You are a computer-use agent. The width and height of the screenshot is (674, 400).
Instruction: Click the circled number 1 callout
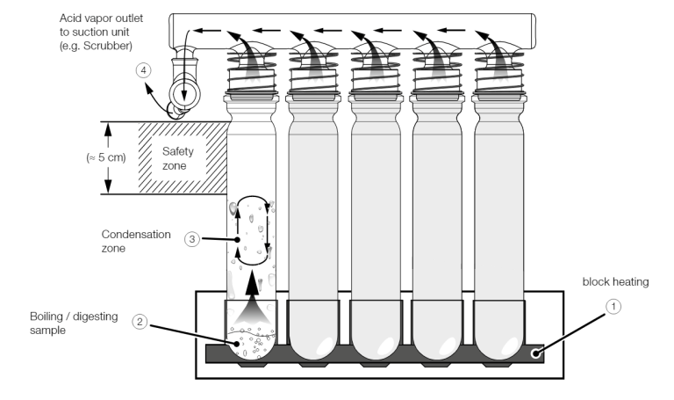(x=613, y=307)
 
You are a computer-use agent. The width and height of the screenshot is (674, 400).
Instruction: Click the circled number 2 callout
(x=140, y=322)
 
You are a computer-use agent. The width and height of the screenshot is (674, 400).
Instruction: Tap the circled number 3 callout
(x=192, y=239)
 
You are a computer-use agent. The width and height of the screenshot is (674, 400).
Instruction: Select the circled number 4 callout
(x=144, y=70)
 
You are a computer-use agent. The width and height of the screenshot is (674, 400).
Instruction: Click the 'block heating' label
(x=615, y=282)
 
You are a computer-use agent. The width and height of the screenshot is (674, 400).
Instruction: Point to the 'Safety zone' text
(x=177, y=158)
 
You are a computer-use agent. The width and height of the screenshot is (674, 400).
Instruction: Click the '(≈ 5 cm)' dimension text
(x=106, y=157)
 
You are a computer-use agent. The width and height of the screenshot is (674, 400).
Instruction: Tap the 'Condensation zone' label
(x=136, y=241)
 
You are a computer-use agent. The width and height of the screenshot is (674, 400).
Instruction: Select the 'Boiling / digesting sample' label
(x=74, y=324)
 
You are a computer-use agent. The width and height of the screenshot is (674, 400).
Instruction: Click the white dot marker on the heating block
(x=535, y=353)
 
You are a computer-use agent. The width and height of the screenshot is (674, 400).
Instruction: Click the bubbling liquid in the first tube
(x=252, y=343)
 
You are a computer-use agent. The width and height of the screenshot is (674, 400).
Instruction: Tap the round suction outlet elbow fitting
(x=184, y=94)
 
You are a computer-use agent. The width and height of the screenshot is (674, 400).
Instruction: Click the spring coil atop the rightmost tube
(x=499, y=71)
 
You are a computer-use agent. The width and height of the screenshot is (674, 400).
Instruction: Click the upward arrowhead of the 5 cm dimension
(x=108, y=128)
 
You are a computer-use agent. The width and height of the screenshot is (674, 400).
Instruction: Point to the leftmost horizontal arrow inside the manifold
(x=207, y=31)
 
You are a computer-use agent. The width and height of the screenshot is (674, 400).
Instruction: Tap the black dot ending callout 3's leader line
(x=237, y=240)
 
